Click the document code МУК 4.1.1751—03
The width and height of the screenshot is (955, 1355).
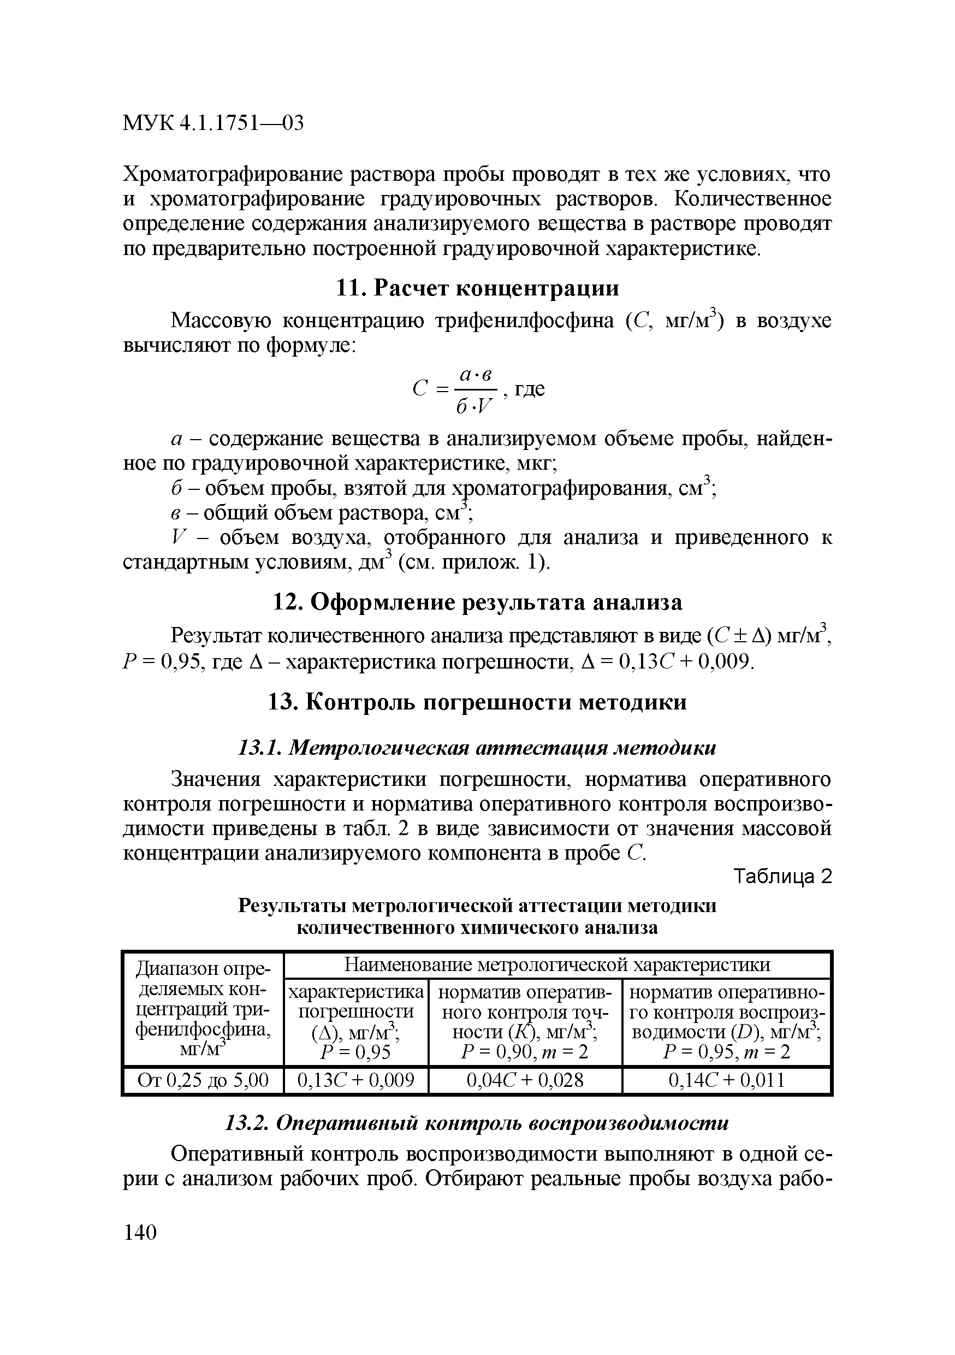(x=213, y=123)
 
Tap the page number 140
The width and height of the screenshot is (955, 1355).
(x=140, y=1232)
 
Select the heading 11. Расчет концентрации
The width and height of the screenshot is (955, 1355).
(x=477, y=288)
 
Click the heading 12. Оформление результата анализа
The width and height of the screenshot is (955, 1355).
(x=477, y=602)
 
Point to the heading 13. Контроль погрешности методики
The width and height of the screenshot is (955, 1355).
(x=477, y=702)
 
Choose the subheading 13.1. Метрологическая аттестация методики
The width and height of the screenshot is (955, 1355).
(x=477, y=748)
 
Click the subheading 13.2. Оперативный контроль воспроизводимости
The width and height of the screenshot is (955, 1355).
(x=477, y=1123)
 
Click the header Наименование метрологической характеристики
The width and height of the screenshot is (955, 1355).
(x=557, y=965)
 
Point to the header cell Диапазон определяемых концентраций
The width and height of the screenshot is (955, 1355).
(x=203, y=1009)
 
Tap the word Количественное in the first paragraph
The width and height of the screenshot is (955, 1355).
(x=752, y=199)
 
